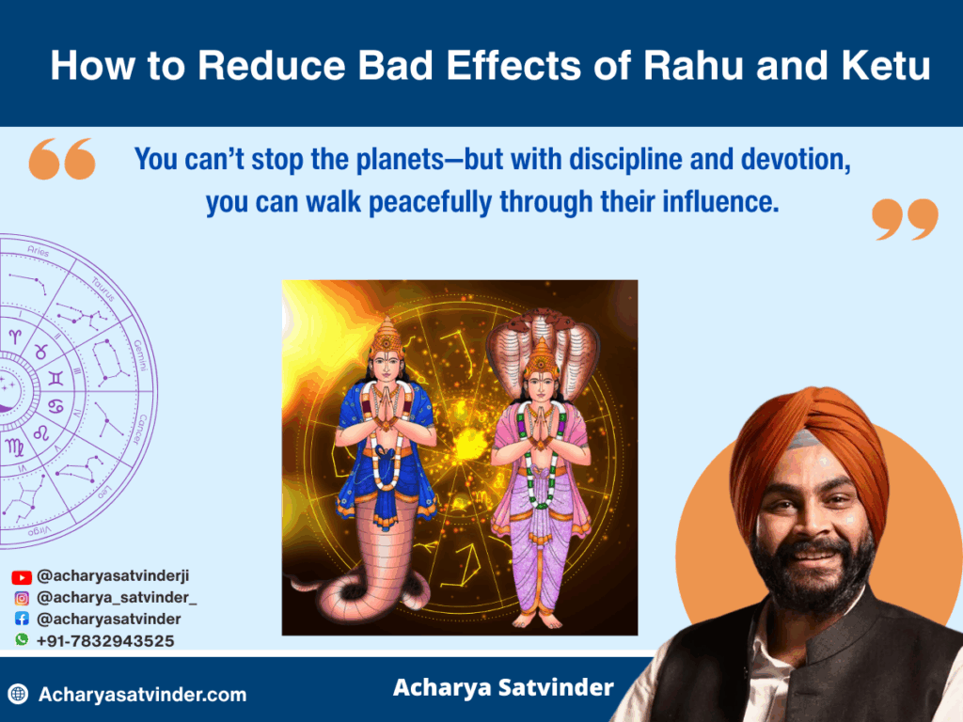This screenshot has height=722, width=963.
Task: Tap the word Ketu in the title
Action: click(x=886, y=65)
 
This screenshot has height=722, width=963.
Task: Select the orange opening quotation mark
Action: click(x=62, y=159)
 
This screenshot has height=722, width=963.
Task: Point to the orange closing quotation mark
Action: click(x=906, y=219)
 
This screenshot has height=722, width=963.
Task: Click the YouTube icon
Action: click(x=22, y=577)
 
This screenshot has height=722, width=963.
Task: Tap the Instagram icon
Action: click(x=22, y=598)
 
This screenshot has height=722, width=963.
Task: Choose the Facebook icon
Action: click(x=22, y=619)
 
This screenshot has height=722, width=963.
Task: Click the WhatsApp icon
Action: click(x=22, y=639)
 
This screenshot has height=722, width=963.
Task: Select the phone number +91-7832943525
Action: click(x=105, y=641)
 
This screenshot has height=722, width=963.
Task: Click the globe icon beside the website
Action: click(x=19, y=695)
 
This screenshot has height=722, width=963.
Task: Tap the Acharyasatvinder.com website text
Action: click(x=143, y=695)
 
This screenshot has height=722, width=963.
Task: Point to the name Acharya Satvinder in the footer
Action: click(x=504, y=687)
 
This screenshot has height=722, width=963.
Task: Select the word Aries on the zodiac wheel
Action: click(x=38, y=250)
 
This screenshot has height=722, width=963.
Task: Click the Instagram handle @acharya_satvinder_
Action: click(x=117, y=597)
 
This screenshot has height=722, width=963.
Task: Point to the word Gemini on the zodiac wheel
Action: click(x=141, y=354)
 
